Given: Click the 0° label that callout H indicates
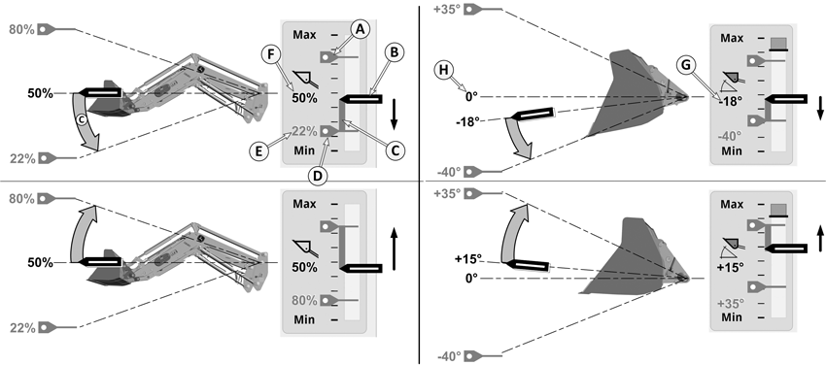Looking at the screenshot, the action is pyautogui.click(x=470, y=97).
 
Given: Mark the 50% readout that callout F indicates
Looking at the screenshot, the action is pyautogui.click(x=304, y=98).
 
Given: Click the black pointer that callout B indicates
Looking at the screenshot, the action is pyautogui.click(x=361, y=99).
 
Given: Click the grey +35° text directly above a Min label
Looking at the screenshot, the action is pyautogui.click(x=731, y=304).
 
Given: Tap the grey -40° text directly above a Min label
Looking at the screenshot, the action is pyautogui.click(x=730, y=136).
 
